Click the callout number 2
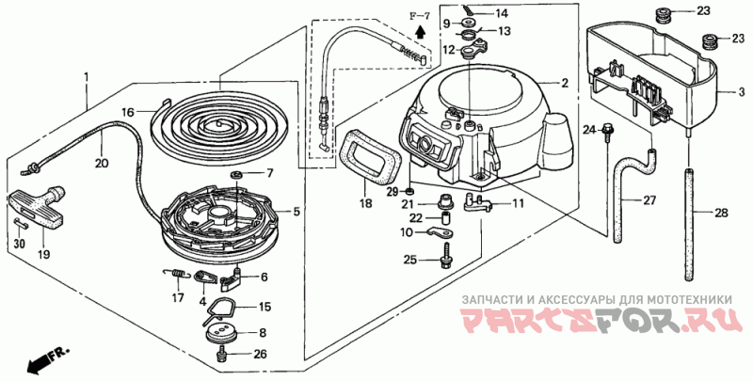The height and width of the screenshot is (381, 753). pyautogui.click(x=565, y=84)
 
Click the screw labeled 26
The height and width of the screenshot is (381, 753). pyautogui.click(x=223, y=355)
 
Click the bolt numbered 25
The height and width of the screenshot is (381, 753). pyautogui.click(x=444, y=254)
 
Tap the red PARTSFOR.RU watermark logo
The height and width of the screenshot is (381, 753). pyautogui.click(x=598, y=323)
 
